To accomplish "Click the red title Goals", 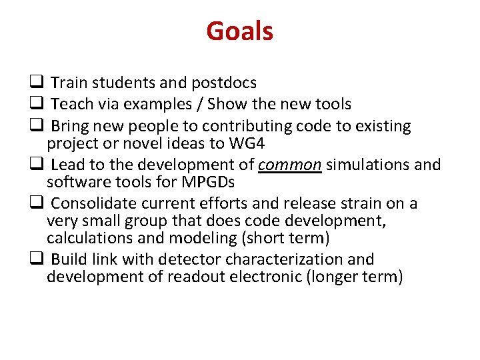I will (239, 31).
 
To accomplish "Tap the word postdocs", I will (224, 83).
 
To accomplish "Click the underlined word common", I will (290, 164).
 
